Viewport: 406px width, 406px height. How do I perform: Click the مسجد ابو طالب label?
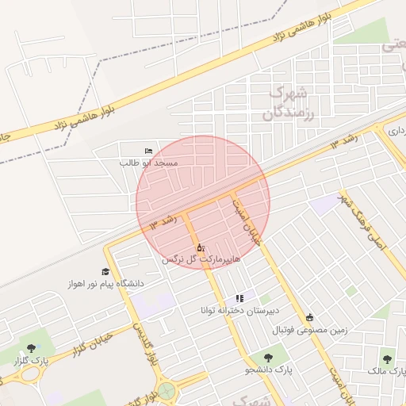[149, 163]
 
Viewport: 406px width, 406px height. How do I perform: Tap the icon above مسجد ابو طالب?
[148, 151]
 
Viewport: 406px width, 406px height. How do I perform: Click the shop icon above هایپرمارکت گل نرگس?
[200, 247]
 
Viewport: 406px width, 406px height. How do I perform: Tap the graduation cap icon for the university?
[105, 271]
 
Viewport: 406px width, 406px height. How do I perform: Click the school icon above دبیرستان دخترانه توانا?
[239, 298]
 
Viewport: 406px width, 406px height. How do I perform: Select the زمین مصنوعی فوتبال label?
[310, 329]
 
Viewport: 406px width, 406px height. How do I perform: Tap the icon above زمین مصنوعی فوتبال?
[309, 317]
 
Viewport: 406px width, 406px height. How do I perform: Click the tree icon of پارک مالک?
[387, 358]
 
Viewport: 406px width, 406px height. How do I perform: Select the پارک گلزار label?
[30, 360]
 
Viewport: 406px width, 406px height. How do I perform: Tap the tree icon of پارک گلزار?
[31, 348]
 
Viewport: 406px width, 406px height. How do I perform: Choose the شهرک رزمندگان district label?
[283, 102]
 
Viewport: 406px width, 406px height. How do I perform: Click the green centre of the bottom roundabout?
[167, 390]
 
